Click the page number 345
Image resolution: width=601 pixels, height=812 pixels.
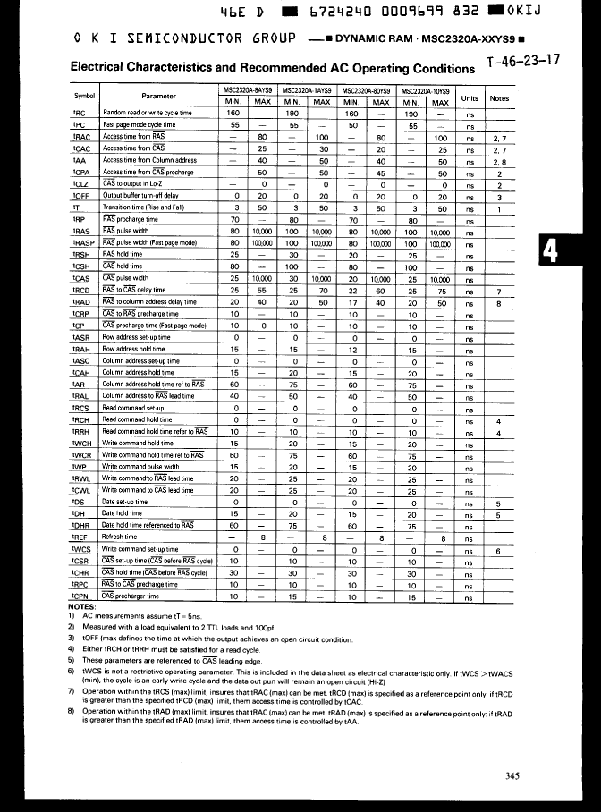pyautogui.click(x=511, y=775)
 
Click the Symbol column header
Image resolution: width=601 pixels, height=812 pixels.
pyautogui.click(x=84, y=97)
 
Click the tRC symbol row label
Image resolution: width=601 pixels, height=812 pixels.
pyautogui.click(x=78, y=114)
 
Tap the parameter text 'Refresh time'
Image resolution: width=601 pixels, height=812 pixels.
pyautogui.click(x=121, y=537)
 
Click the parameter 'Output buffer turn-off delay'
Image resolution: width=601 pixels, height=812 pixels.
pyautogui.click(x=140, y=195)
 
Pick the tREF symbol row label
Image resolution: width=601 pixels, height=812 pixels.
pyautogui.click(x=79, y=537)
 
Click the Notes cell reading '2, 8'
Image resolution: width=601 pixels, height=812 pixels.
pyautogui.click(x=500, y=161)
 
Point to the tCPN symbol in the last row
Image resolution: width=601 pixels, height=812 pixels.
pyautogui.click(x=79, y=596)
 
